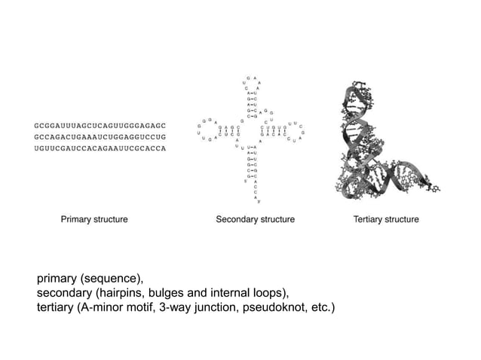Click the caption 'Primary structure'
[x=94, y=220]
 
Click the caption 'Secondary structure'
[x=255, y=220]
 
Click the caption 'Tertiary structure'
[x=386, y=220]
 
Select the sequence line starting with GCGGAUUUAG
[x=100, y=124]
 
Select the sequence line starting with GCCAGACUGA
[x=100, y=136]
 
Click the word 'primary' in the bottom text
[x=57, y=278]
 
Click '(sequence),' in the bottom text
[x=111, y=278]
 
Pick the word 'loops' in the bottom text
[x=271, y=293]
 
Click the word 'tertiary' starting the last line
[x=55, y=308]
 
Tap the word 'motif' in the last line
[x=154, y=308]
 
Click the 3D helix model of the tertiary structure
[x=385, y=143]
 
